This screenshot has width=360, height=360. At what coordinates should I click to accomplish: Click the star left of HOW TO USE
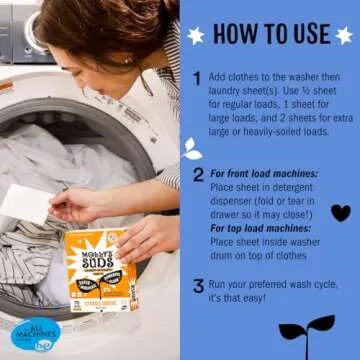pyautogui.click(x=196, y=35)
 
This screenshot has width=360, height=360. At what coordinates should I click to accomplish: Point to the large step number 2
pyautogui.click(x=198, y=174)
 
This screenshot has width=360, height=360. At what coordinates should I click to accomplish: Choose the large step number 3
pyautogui.click(x=198, y=286)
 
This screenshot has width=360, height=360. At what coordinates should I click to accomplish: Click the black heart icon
pyautogui.click(x=340, y=212)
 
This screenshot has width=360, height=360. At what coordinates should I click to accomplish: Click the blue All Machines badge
pyautogui.click(x=35, y=335)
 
